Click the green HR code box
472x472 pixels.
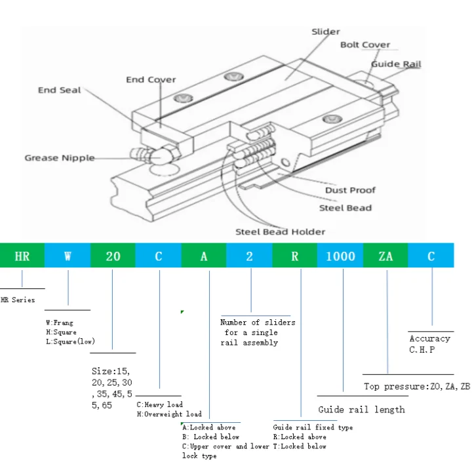pyautogui.click(x=22, y=255)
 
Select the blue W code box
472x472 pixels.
pyautogui.click(x=68, y=255)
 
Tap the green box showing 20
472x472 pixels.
pyautogui.click(x=113, y=255)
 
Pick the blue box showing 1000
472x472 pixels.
pyautogui.click(x=340, y=255)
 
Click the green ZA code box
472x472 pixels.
pyautogui.click(x=385, y=255)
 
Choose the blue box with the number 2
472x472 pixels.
pyautogui.click(x=249, y=255)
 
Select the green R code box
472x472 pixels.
pyautogui.click(x=295, y=255)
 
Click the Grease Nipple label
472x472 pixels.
pyautogui.click(x=60, y=158)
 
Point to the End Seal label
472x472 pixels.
pyautogui.click(x=59, y=90)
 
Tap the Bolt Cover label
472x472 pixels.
pyautogui.click(x=365, y=45)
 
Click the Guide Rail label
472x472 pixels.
pyautogui.click(x=396, y=64)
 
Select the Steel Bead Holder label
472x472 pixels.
pyautogui.click(x=281, y=232)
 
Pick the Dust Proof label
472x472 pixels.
pyautogui.click(x=350, y=190)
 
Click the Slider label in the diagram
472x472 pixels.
pyautogui.click(x=326, y=31)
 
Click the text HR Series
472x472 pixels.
pyautogui.click(x=18, y=300)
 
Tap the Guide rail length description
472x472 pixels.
pyautogui.click(x=361, y=410)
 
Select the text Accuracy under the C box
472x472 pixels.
pyautogui.click(x=430, y=339)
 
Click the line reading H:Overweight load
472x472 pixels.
pyautogui.click(x=169, y=414)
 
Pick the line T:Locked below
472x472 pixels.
pyautogui.click(x=300, y=446)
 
